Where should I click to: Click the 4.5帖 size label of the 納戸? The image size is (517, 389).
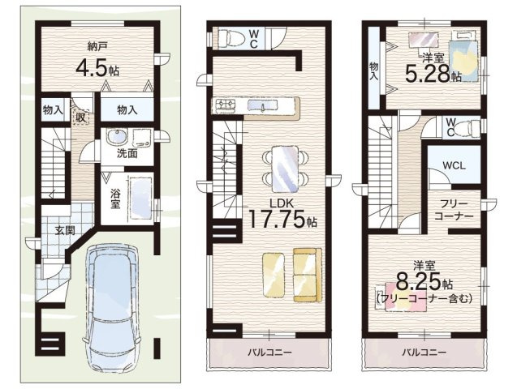(97, 68)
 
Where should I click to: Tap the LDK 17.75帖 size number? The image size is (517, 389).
(282, 219)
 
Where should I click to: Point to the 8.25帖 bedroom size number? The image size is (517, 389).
(424, 280)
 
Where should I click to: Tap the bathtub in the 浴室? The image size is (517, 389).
(140, 198)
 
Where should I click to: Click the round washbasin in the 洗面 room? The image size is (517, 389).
(117, 137)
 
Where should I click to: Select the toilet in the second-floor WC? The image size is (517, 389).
(231, 37)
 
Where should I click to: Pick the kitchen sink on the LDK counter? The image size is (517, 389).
(262, 105)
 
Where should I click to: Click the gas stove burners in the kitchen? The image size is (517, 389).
(226, 105)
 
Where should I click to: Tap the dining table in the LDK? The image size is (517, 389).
(286, 169)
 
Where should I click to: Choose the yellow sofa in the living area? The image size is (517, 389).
(308, 275)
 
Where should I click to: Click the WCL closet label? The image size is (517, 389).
(454, 165)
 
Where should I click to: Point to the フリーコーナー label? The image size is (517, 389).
(454, 210)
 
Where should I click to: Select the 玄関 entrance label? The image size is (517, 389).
(65, 231)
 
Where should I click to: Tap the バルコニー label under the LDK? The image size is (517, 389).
(269, 353)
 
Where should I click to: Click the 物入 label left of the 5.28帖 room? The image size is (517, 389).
(374, 71)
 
